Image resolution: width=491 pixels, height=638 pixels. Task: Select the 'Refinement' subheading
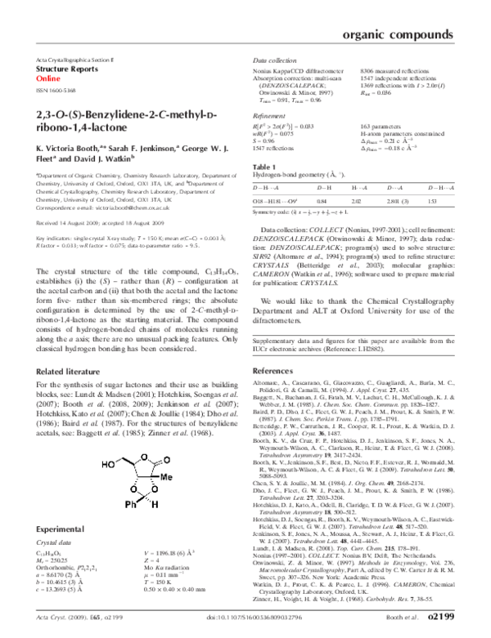[x=268, y=117]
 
